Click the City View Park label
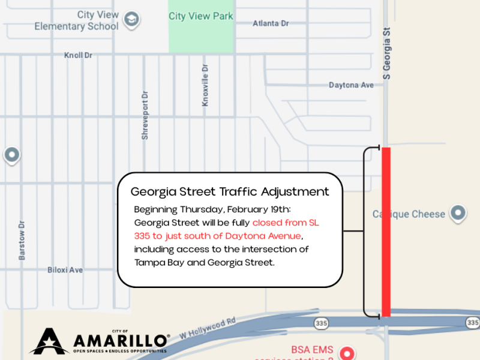(x=200, y=16)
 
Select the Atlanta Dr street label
(x=271, y=23)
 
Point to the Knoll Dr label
(x=78, y=56)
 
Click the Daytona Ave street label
(x=351, y=85)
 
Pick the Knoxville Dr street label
(x=205, y=85)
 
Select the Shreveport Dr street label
(x=145, y=116)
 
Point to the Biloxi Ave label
(x=65, y=270)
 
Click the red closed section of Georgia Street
(x=386, y=232)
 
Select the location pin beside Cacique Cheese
(x=458, y=213)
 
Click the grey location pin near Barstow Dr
(x=11, y=155)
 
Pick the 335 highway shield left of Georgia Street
(x=322, y=323)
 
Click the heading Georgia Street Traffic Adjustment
(x=230, y=192)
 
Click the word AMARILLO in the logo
(x=121, y=341)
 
